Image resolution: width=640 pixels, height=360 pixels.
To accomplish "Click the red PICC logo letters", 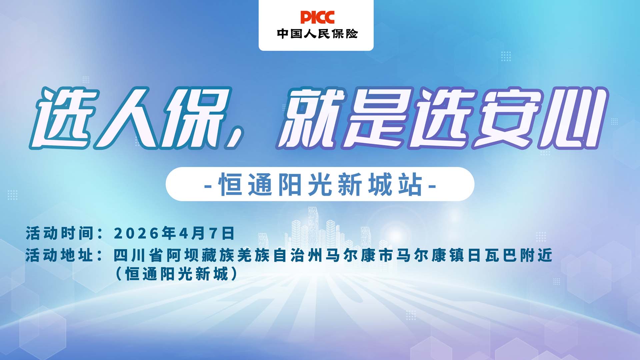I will (x=317, y=17).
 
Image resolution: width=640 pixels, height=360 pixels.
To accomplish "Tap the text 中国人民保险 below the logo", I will (x=317, y=34).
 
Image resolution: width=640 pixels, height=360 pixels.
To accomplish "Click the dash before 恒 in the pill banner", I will (x=208, y=185).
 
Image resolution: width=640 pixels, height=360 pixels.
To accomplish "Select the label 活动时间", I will (x=60, y=233).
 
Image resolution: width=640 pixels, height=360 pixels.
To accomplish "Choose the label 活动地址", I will (x=60, y=256).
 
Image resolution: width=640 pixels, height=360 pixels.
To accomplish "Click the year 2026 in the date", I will (x=136, y=233).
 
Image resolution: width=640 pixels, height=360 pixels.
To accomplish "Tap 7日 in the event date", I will (x=222, y=233).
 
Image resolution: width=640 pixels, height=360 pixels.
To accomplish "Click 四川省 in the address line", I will (x=138, y=256).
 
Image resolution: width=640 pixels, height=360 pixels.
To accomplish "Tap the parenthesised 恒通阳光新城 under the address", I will (x=177, y=274).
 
